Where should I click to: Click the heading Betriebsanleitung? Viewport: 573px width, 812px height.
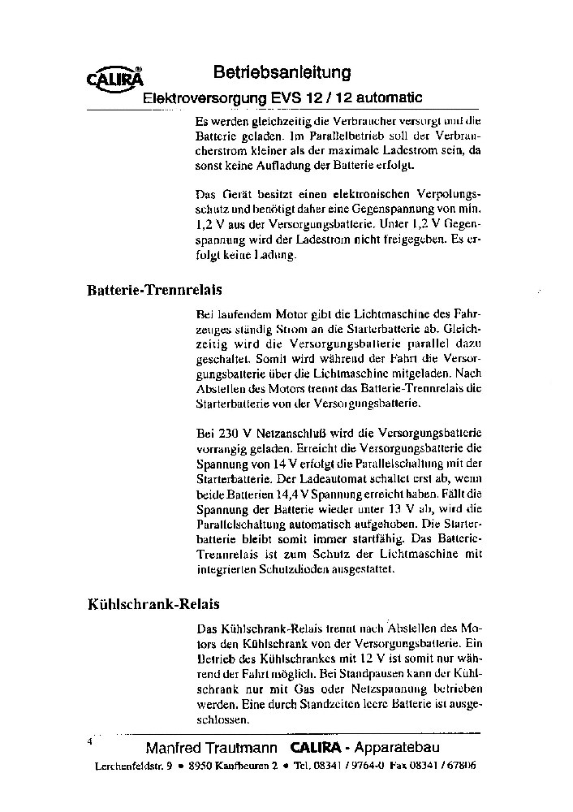click(x=282, y=72)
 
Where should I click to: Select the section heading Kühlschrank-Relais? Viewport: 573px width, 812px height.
click(x=153, y=604)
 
